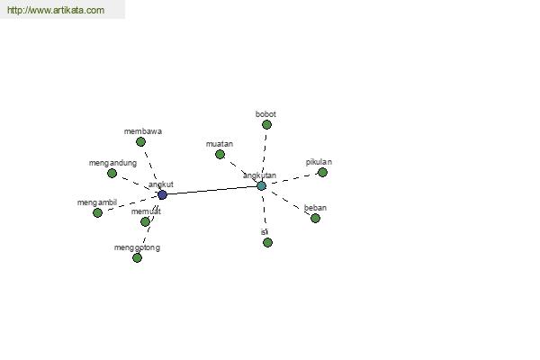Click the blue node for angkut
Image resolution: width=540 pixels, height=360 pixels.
tap(162, 195)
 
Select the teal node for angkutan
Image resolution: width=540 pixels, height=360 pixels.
tap(261, 186)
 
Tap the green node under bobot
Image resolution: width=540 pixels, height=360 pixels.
tap(266, 125)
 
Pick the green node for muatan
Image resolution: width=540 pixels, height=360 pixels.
tap(220, 154)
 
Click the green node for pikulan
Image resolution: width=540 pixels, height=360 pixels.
tap(322, 172)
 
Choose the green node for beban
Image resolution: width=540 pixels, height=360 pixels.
tap(315, 218)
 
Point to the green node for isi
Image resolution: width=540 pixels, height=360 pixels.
tap(267, 242)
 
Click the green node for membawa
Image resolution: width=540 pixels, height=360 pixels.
tap(140, 141)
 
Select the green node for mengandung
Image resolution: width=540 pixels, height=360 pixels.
tap(112, 174)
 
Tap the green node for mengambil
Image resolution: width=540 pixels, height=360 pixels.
tap(97, 213)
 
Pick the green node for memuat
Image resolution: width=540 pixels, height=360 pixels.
tap(145, 222)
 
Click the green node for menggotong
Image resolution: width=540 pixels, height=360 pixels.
tap(137, 257)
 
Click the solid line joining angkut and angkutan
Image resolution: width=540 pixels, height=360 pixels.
tap(211, 191)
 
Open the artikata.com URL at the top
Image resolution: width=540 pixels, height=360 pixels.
tap(56, 10)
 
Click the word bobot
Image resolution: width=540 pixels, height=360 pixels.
tap(265, 114)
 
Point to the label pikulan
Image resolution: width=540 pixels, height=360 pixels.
tap(319, 162)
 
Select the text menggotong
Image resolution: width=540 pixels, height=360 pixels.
tap(137, 247)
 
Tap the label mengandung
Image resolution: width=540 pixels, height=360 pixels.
tap(112, 163)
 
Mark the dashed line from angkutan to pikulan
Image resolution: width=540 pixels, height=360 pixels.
tap(293, 179)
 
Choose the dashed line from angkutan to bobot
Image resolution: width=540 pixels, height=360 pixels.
tap(264, 154)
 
